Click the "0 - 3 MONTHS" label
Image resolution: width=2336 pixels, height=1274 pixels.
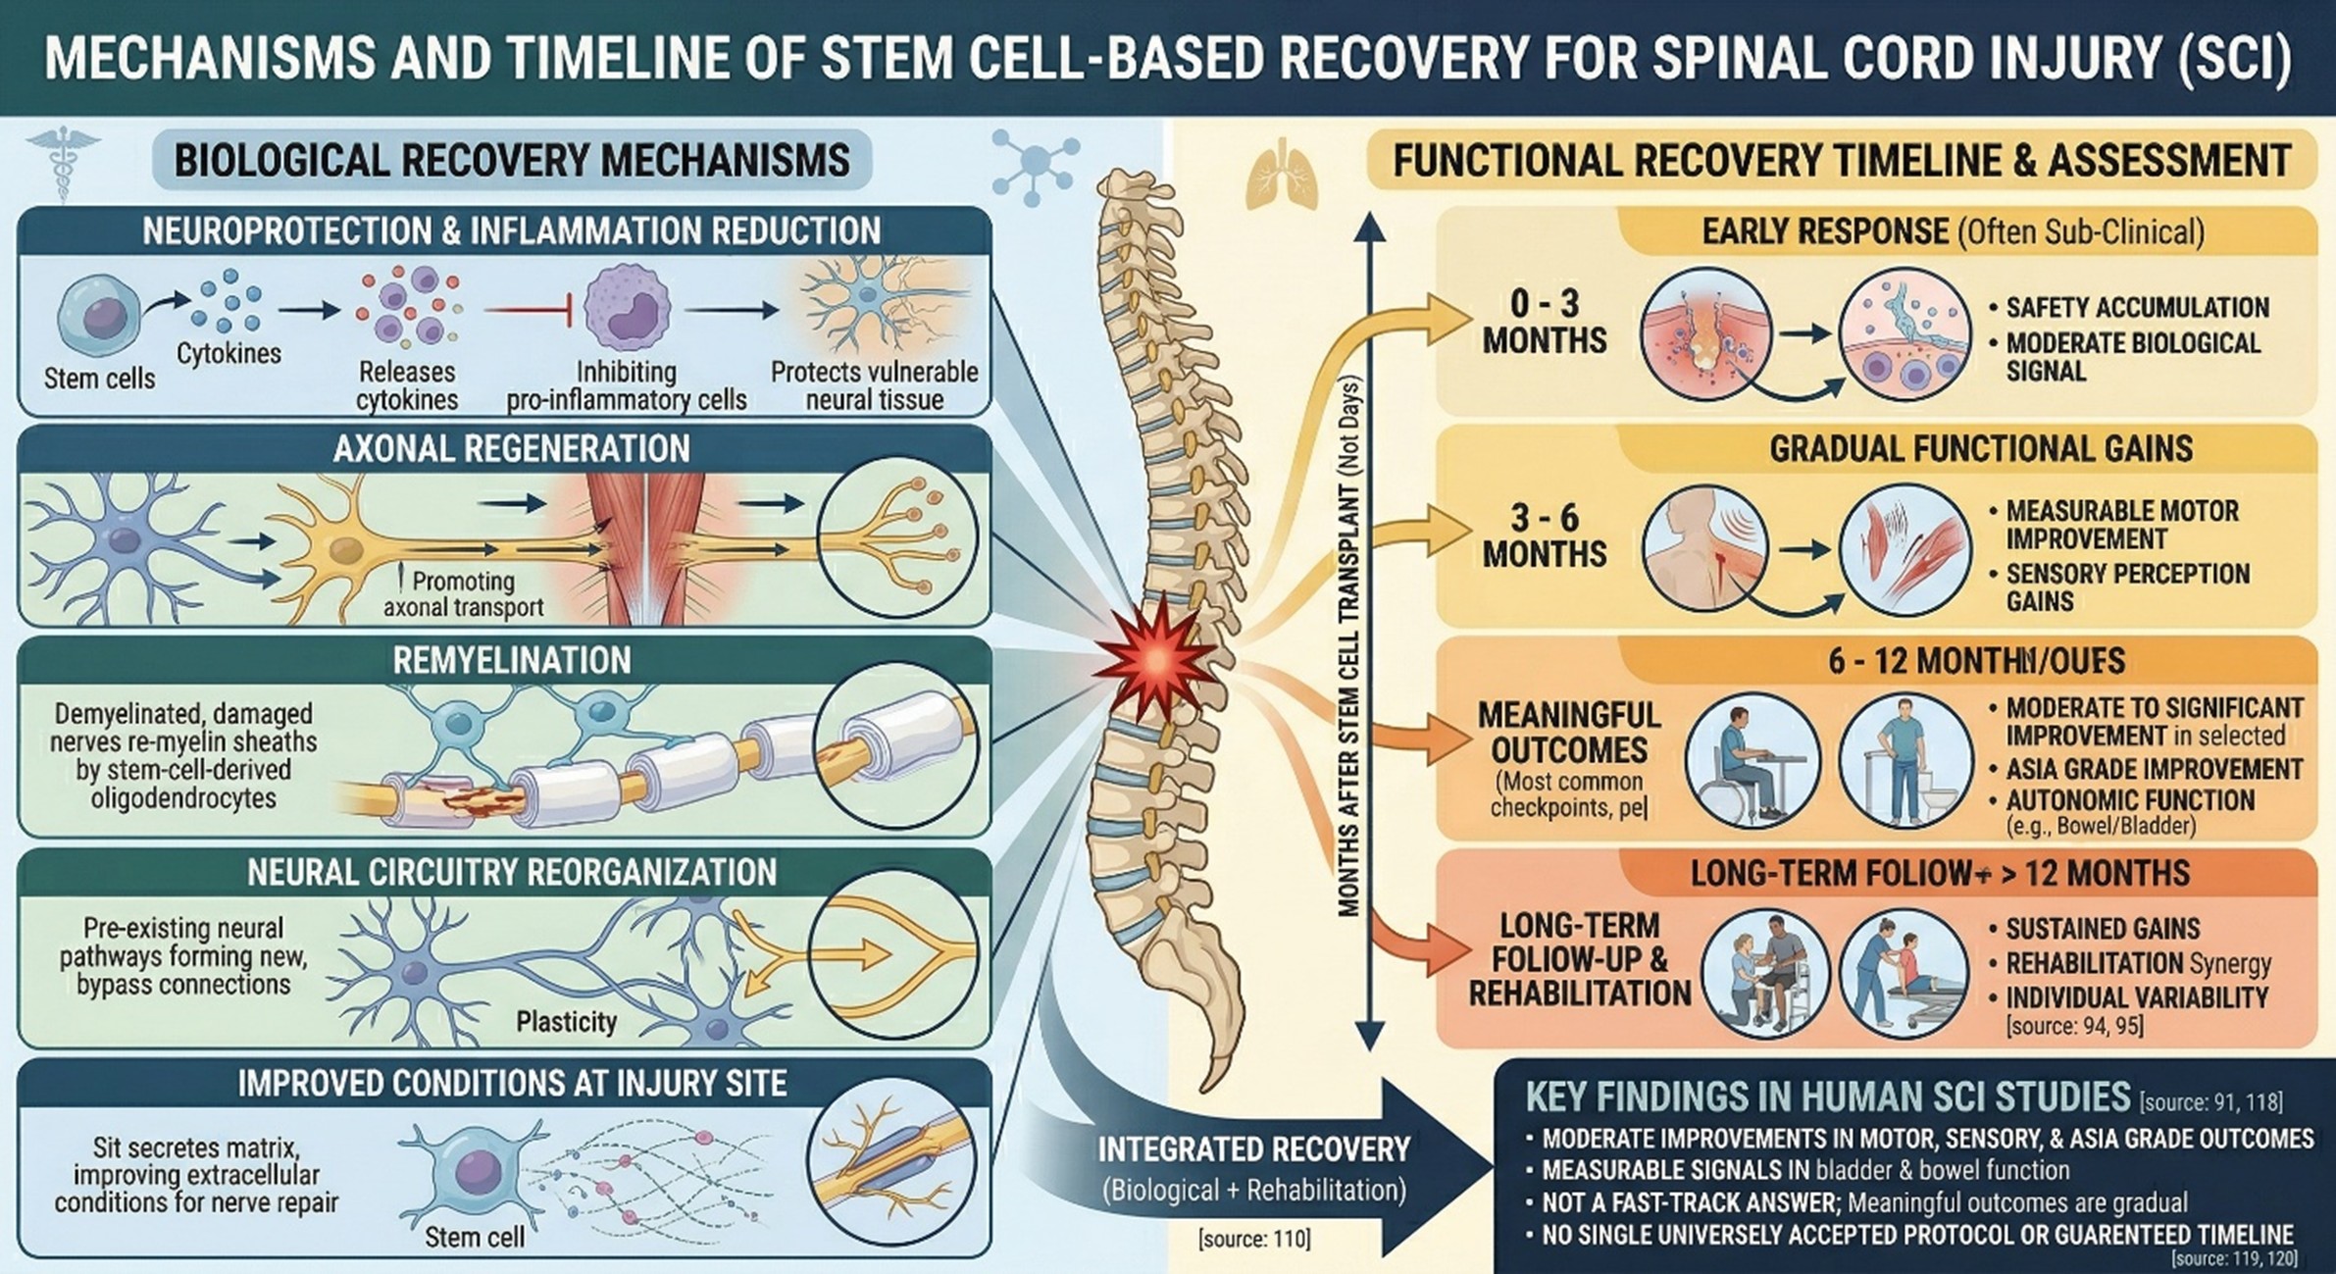(1544, 322)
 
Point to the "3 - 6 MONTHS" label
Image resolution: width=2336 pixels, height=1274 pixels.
(1544, 535)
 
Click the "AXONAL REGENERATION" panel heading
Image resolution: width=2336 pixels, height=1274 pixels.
(511, 449)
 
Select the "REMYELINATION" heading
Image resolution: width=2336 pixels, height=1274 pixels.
(511, 661)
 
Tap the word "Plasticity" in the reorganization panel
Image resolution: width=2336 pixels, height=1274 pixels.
(566, 1022)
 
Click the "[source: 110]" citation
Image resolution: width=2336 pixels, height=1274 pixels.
(1253, 1239)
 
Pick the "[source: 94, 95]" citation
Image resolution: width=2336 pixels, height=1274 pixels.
(2074, 1027)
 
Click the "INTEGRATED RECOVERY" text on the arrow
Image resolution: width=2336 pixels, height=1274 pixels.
(1253, 1148)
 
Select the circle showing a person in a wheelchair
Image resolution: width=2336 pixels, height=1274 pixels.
(1752, 759)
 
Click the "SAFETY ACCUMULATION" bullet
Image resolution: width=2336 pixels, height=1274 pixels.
(2137, 308)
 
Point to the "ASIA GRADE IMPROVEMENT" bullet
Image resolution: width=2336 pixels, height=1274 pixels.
(2152, 769)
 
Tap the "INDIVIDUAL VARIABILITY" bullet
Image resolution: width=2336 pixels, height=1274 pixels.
(2136, 998)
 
